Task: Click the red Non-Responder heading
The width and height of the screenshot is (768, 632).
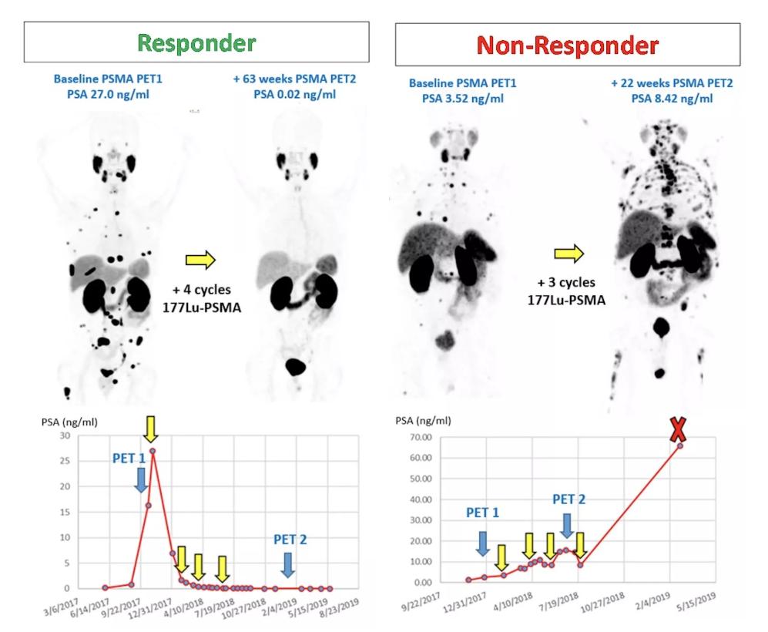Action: [x=568, y=45]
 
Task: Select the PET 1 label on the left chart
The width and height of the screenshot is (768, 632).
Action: [x=129, y=459]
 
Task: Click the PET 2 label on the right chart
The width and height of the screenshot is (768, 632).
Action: [x=568, y=499]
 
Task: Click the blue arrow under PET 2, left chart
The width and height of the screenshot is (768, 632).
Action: [x=287, y=565]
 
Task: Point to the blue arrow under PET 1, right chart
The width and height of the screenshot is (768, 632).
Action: [x=482, y=543]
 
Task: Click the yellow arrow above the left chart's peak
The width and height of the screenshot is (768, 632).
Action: [x=151, y=429]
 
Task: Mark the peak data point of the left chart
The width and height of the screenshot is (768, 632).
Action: [x=153, y=451]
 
